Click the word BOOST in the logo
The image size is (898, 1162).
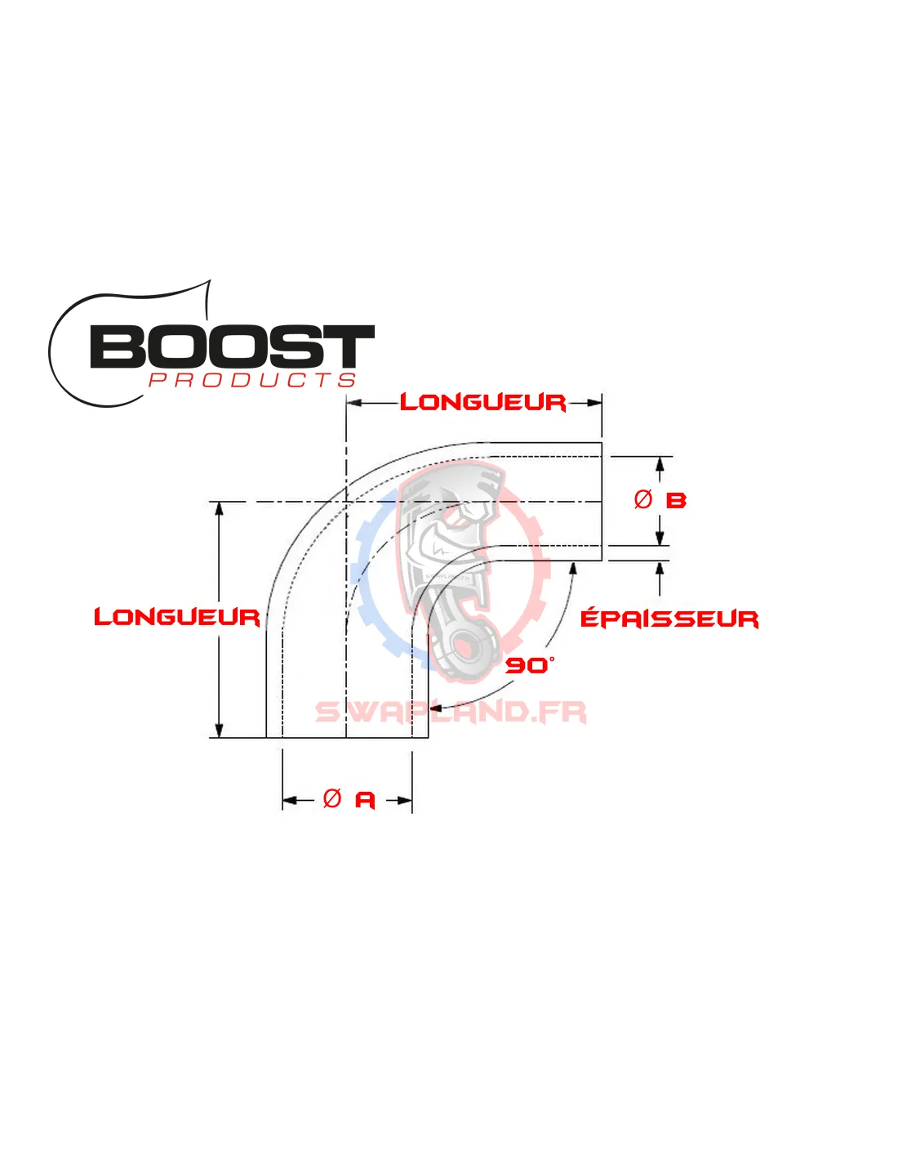(x=232, y=346)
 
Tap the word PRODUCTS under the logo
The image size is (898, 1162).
(x=252, y=380)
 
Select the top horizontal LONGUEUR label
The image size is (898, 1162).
(x=482, y=402)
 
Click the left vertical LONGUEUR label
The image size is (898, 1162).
(x=176, y=617)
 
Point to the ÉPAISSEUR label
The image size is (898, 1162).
(x=669, y=619)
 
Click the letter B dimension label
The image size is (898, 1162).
(x=676, y=500)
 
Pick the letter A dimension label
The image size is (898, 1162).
(x=365, y=799)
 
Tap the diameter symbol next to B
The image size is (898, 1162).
(x=643, y=499)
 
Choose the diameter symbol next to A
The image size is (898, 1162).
(x=332, y=798)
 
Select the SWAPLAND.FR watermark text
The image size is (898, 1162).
(x=451, y=712)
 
